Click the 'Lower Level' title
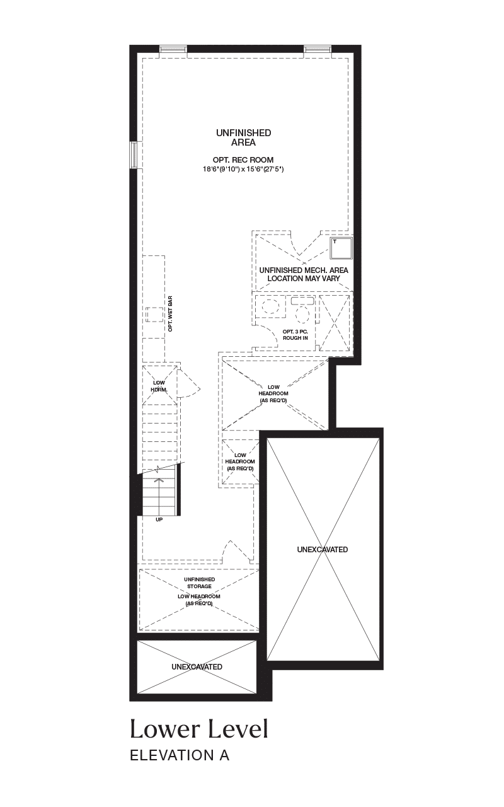coord(199,728)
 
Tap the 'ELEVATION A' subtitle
coord(180,755)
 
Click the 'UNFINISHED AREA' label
coord(244,137)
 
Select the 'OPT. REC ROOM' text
coord(243,160)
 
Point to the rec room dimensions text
coord(243,169)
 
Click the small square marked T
coord(341,248)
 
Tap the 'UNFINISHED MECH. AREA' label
coord(304,270)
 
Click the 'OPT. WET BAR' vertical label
coord(170,314)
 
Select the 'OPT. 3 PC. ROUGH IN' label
coord(295,335)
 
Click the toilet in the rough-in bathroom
coord(303,311)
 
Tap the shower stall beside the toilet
coord(335,322)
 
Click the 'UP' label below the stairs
coord(159,520)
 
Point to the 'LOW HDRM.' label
coord(159,386)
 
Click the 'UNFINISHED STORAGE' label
coord(200,583)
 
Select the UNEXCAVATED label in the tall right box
coord(323,549)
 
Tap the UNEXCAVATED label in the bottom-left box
coord(197,667)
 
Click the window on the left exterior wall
coord(134,154)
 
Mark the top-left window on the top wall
coord(173,49)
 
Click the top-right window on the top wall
coord(318,49)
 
